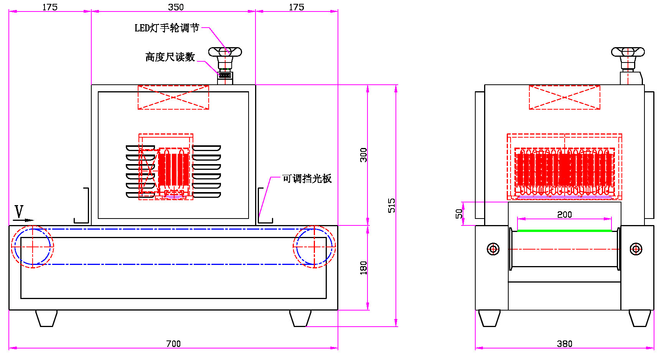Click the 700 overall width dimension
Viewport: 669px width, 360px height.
(173, 344)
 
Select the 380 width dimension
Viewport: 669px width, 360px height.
(564, 344)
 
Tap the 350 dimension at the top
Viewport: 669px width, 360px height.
(176, 7)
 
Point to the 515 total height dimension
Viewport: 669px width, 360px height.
(391, 205)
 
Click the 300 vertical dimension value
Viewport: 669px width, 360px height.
(363, 155)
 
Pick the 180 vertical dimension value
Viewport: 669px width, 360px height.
(363, 268)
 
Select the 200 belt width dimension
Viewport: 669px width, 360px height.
(564, 214)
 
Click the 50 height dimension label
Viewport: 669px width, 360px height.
(459, 214)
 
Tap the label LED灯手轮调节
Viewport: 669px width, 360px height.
(167, 28)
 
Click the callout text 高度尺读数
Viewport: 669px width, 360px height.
(170, 57)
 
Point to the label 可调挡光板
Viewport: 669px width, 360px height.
(307, 179)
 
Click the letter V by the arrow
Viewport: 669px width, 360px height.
(19, 211)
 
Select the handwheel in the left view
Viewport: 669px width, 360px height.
(225, 52)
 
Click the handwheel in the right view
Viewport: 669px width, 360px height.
(628, 52)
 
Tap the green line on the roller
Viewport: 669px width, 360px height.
(564, 231)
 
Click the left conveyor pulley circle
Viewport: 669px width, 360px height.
(33, 247)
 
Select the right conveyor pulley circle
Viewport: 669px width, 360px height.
(314, 247)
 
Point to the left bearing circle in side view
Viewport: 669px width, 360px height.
(493, 249)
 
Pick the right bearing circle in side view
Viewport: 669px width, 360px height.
(636, 249)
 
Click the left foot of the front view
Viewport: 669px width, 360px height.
(46, 318)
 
